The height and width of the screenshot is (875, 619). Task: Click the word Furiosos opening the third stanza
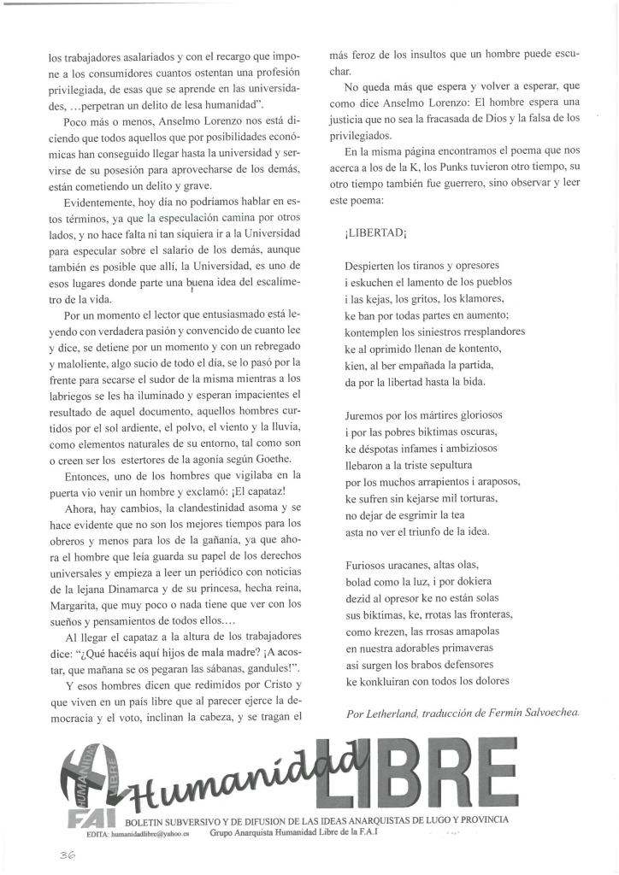click(369, 565)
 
